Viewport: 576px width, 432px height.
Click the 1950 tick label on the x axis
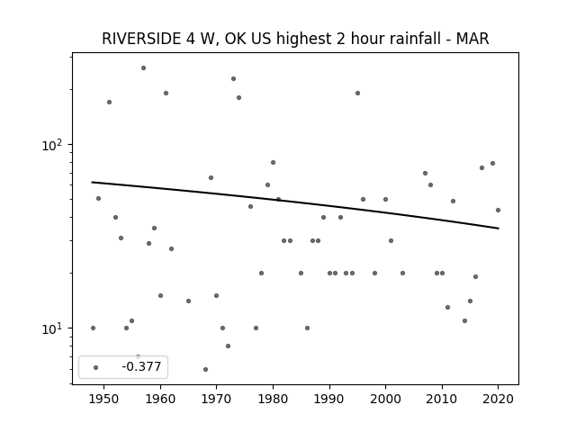[x=104, y=399]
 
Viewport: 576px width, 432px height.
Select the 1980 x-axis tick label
[x=273, y=399]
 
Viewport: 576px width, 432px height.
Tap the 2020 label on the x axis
[x=498, y=399]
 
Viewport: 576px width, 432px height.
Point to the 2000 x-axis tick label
[x=385, y=399]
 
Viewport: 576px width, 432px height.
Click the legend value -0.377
[x=141, y=366]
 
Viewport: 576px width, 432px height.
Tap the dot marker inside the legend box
[x=96, y=368]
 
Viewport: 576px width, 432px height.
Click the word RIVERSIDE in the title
[x=140, y=39]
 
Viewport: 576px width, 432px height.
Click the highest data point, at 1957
[x=144, y=68]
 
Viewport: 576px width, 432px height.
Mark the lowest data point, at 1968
[x=205, y=370]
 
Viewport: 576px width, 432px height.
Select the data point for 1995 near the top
[x=357, y=94]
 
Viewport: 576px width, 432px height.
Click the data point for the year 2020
[x=498, y=210]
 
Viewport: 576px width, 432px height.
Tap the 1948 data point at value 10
[x=93, y=328]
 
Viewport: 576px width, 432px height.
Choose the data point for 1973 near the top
[x=233, y=79]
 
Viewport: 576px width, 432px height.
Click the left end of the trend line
[x=92, y=182]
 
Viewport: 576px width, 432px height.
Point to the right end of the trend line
[x=499, y=229]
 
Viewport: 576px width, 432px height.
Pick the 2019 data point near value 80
[x=492, y=164]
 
